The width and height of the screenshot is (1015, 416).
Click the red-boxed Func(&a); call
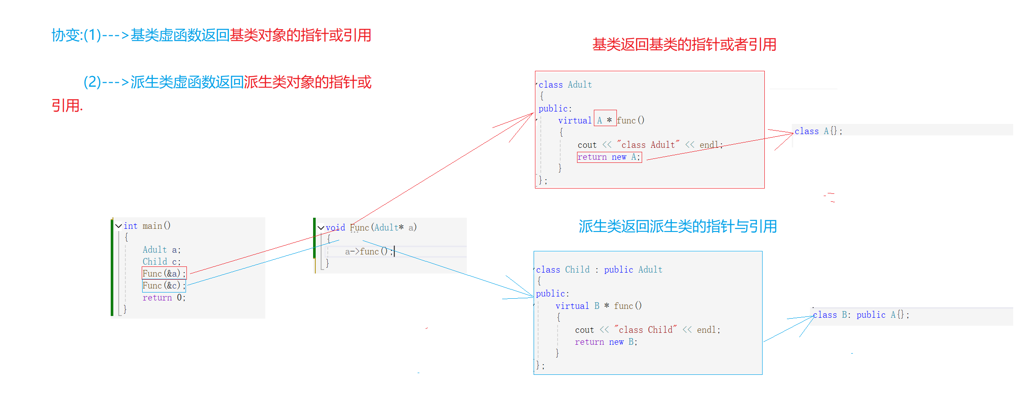(164, 273)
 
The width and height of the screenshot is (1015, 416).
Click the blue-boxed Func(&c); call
(164, 286)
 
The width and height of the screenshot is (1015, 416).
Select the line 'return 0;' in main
(164, 298)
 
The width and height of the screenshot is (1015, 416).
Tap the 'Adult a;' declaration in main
(162, 250)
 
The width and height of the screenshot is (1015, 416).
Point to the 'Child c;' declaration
(162, 262)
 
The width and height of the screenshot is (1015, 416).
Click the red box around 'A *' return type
(605, 118)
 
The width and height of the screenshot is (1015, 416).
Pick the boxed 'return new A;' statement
(609, 157)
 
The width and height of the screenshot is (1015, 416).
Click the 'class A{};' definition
(818, 131)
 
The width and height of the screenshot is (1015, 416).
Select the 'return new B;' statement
(606, 342)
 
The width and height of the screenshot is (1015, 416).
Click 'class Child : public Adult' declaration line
(599, 270)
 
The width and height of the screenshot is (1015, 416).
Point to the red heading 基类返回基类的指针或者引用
(684, 44)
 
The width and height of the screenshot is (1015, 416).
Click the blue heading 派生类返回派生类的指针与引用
(678, 226)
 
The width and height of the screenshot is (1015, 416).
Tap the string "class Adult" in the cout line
(648, 145)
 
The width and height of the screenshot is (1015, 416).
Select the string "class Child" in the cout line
(645, 330)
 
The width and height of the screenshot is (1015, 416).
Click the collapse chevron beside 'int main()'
(119, 226)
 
